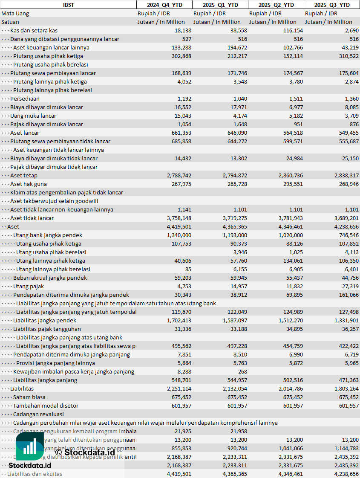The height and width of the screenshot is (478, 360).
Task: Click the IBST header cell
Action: pos(68,5)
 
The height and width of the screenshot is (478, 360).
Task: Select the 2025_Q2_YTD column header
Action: pos(276,5)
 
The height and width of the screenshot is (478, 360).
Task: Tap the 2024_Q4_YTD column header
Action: pos(164,5)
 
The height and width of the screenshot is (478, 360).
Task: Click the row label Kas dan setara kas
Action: pos(34,30)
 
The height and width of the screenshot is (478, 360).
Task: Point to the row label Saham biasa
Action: pos(29,397)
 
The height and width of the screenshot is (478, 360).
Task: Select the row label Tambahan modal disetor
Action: pos(46,406)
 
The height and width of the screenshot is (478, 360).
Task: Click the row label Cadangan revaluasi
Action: pos(38,414)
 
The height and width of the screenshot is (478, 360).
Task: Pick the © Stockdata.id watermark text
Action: pos(85,452)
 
